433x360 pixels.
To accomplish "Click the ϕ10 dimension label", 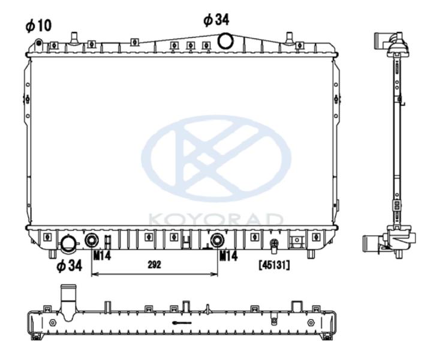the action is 38,26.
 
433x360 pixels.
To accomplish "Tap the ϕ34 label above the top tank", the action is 217,20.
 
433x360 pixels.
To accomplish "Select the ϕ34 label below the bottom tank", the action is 70,266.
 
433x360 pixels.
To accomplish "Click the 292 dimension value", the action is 154,265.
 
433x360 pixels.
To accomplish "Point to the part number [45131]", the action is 274,265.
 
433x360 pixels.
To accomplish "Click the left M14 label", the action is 102,256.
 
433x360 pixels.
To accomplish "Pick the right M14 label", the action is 228,256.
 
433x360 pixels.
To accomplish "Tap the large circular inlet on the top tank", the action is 225,41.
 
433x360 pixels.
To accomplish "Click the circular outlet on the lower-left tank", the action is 68,244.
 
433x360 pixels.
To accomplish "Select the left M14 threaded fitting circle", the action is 91,241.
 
